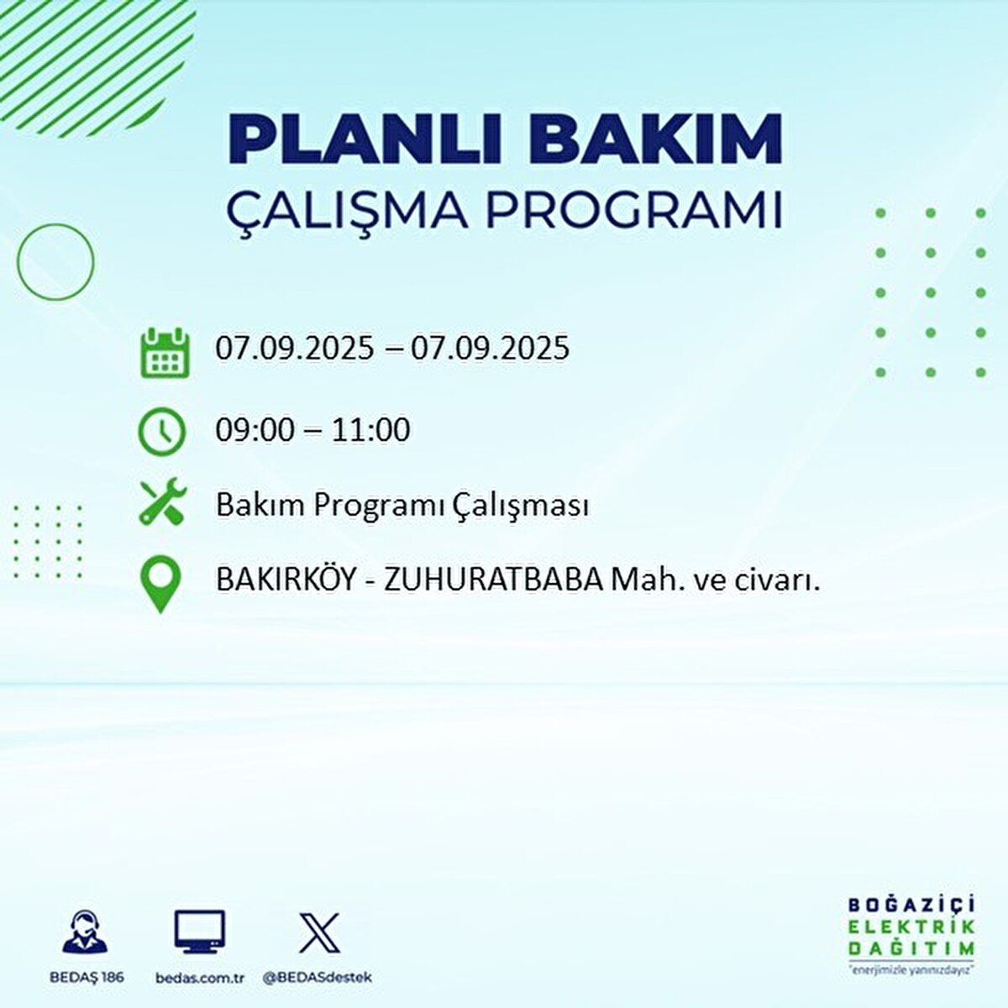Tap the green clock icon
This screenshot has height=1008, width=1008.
point(161,432)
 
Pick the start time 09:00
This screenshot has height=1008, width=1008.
point(255,430)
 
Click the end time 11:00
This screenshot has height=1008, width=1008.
point(370,430)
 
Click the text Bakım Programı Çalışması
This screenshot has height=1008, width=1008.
point(402,506)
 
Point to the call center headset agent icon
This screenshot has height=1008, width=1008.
point(86,933)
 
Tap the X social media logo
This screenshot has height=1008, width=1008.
point(319,932)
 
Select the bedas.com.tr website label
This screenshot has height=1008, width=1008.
point(200,978)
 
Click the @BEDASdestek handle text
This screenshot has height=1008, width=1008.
point(318,978)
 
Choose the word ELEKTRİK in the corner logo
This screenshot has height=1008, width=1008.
point(911,927)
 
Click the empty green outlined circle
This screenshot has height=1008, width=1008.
point(56,262)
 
